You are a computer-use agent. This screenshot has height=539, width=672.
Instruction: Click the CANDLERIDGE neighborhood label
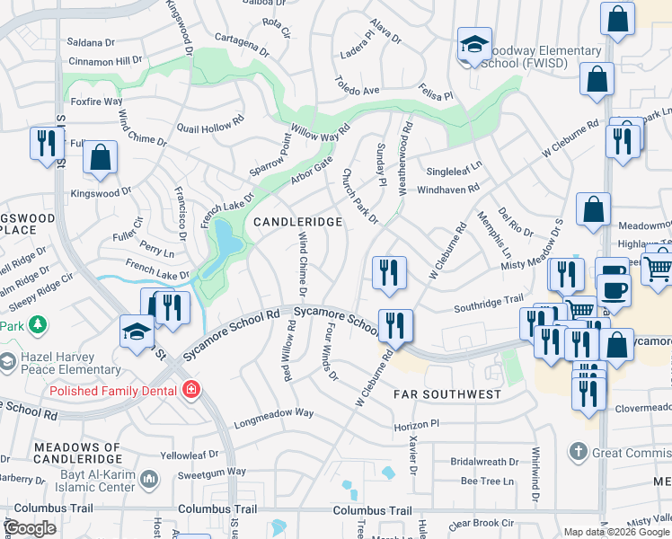click(297, 221)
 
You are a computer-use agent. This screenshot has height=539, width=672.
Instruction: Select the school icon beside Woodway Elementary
click(473, 45)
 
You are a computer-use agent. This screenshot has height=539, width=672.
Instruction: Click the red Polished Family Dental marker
click(190, 389)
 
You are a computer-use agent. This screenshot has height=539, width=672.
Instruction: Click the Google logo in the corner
click(31, 528)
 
